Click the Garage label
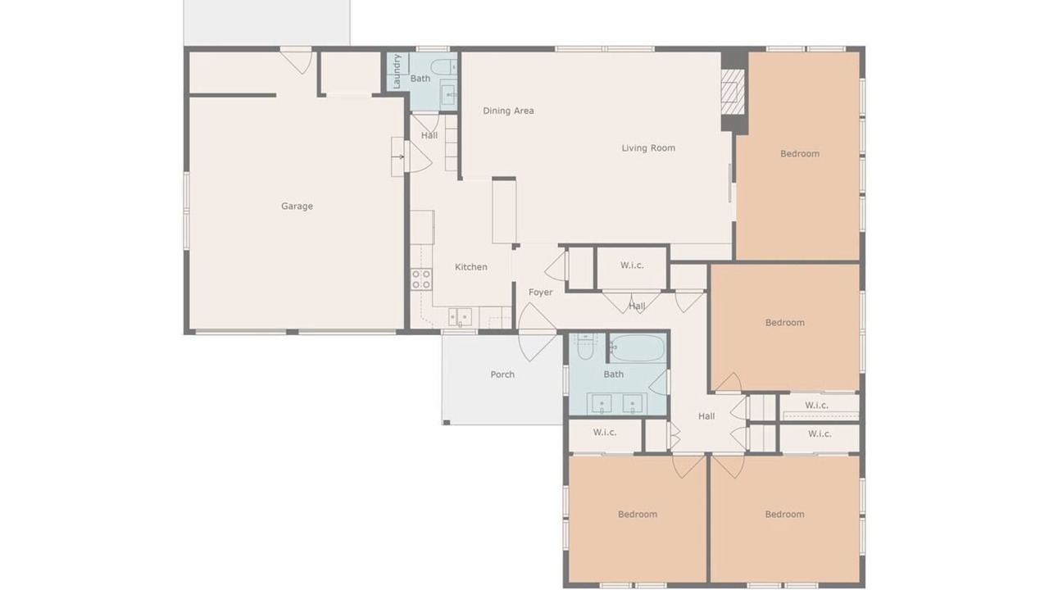[297, 206]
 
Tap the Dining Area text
[508, 111]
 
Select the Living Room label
[648, 148]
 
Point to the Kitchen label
[471, 267]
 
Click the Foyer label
[540, 293]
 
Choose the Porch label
[502, 374]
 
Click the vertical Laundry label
[397, 71]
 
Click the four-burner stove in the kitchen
[421, 279]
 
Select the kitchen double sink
[460, 317]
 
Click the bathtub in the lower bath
[638, 348]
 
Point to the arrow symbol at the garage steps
[398, 157]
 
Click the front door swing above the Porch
[537, 332]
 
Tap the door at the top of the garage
[297, 61]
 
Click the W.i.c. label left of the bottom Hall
[605, 432]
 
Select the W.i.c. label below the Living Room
[632, 265]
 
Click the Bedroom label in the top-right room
[800, 154]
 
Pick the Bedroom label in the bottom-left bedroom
[638, 515]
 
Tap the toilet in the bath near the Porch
[585, 347]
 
